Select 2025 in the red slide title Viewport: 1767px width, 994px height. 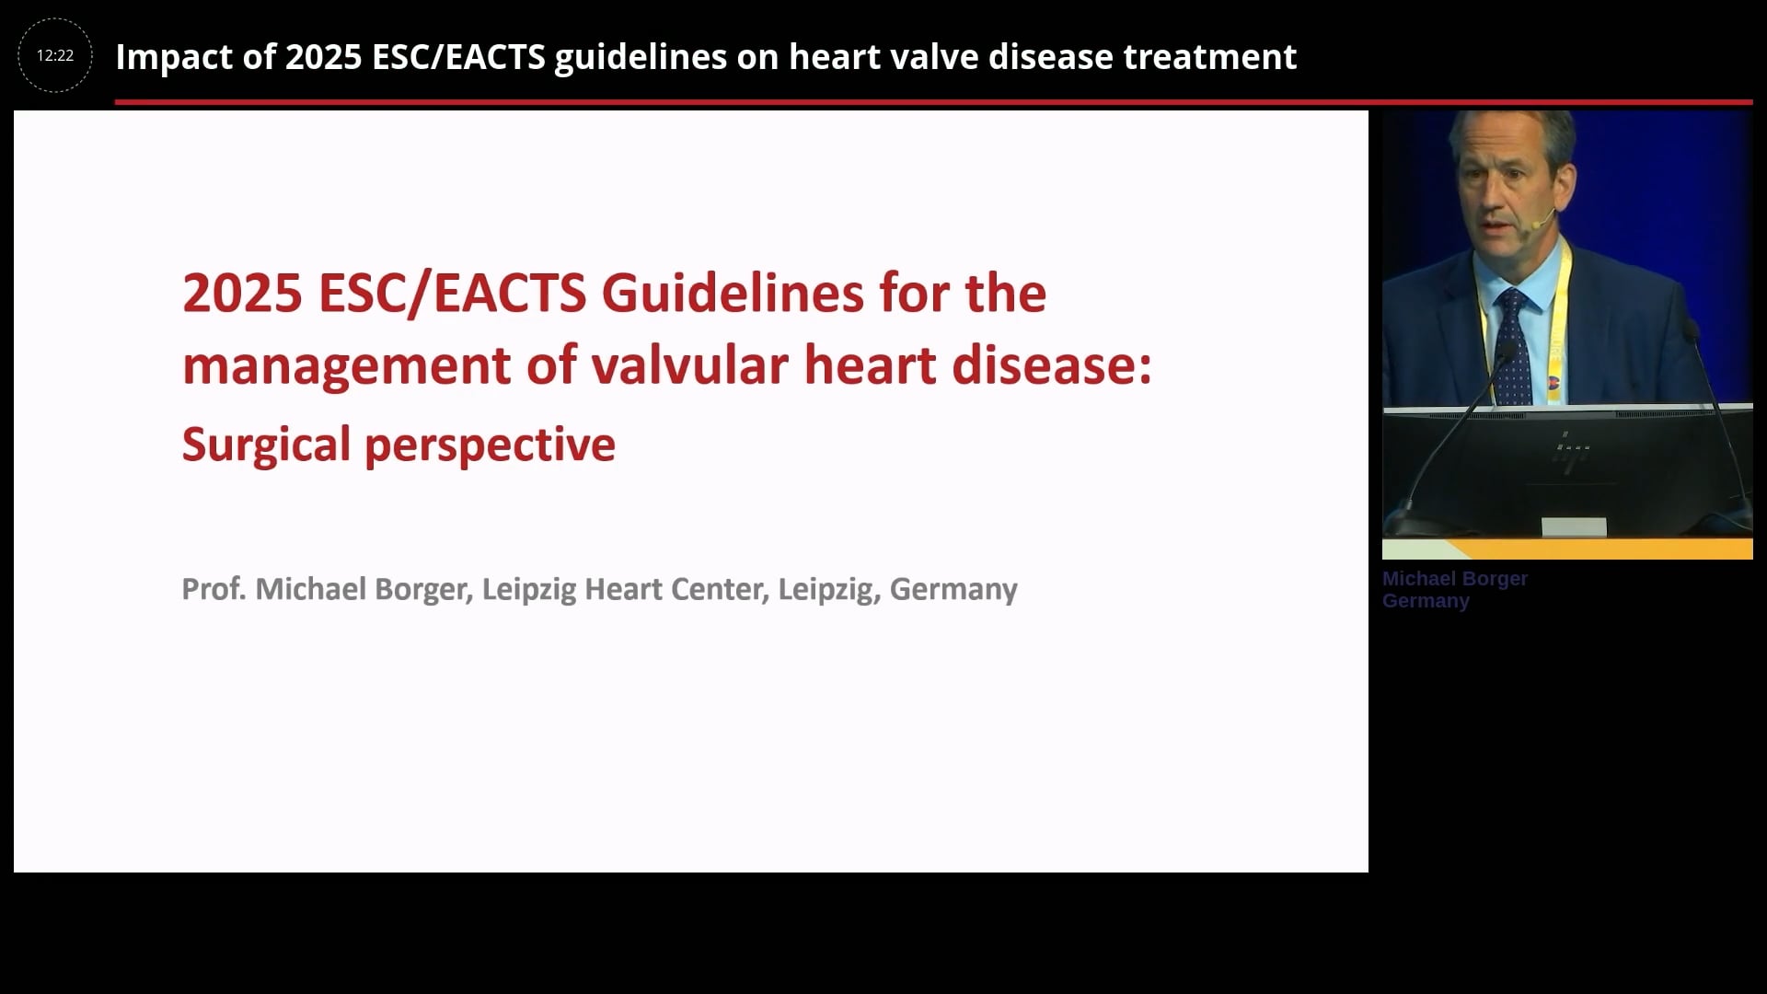[242, 293]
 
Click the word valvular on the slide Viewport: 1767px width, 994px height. [690, 364]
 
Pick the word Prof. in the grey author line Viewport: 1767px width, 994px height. [214, 589]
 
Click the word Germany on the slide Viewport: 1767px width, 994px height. [953, 590]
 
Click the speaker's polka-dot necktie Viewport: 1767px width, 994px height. [1513, 345]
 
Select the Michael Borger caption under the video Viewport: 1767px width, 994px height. [1454, 579]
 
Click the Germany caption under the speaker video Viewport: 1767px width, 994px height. [1426, 601]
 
